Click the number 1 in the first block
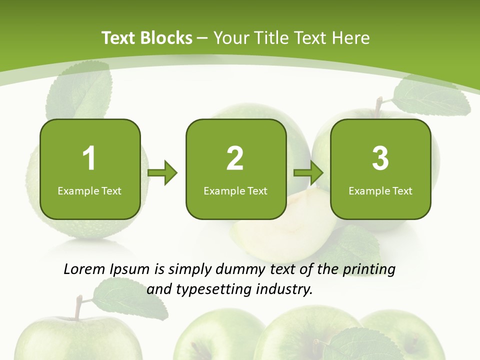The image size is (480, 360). click(89, 158)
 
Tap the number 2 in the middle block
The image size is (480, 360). click(235, 158)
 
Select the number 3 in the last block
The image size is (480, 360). click(380, 158)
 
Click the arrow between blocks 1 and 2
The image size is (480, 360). click(162, 173)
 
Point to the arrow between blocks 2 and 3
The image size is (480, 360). click(308, 173)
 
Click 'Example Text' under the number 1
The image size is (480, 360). click(89, 190)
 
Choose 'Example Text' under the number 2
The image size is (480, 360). click(235, 190)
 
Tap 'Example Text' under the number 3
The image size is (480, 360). click(380, 190)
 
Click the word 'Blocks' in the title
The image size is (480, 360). click(166, 38)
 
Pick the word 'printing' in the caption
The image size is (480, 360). click(368, 270)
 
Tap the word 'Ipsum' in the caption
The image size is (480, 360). click(130, 270)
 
